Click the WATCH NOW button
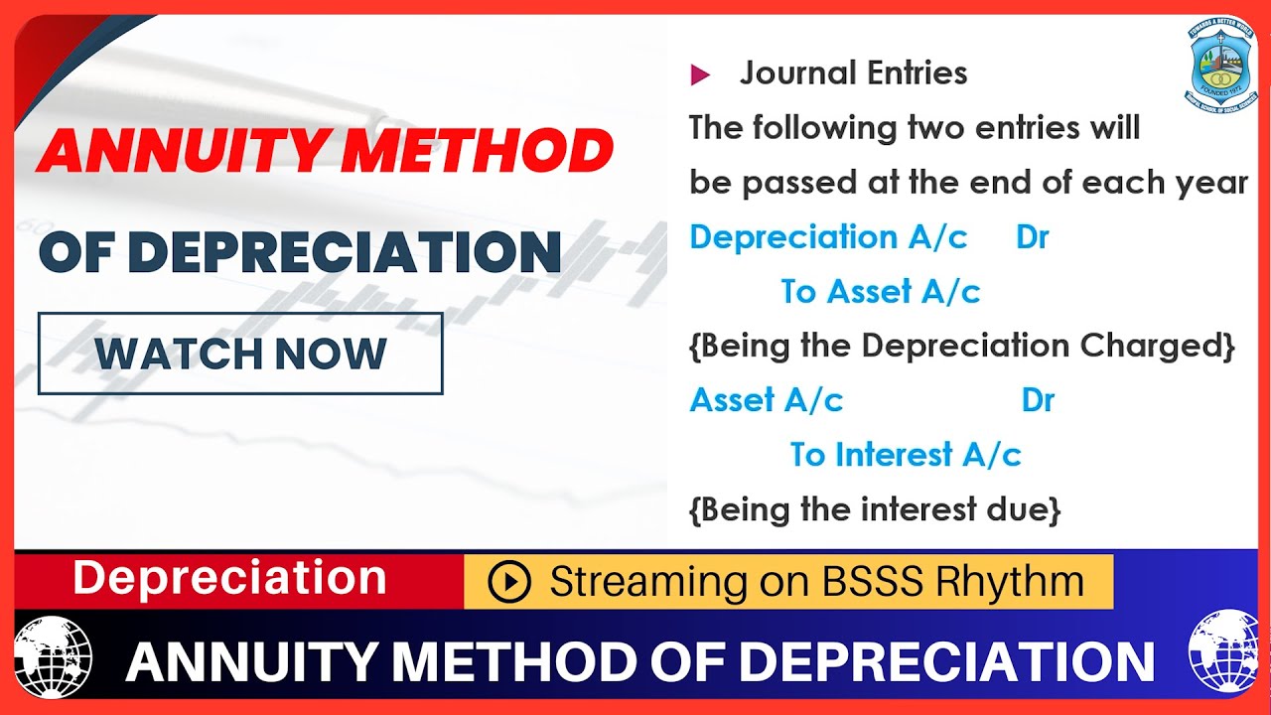(240, 354)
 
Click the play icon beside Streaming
(509, 582)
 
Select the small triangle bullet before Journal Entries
(700, 74)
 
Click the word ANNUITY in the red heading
(182, 152)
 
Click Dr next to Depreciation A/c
(1032, 237)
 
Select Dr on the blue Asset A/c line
(1038, 400)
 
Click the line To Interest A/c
(905, 455)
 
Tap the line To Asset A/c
(880, 292)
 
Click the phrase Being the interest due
(875, 509)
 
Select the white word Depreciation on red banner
(229, 578)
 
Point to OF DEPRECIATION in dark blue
(300, 252)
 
